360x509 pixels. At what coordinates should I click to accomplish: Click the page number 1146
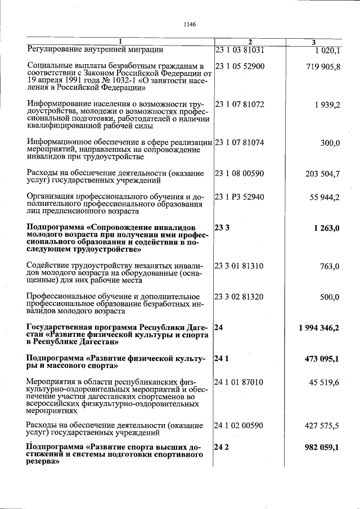[188, 24]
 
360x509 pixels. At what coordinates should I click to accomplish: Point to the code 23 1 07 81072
[240, 105]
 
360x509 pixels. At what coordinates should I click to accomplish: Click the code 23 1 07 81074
[240, 143]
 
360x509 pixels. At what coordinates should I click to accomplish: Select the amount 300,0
[330, 143]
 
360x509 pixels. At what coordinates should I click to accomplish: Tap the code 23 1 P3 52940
[240, 197]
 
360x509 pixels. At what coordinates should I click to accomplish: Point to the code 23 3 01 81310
[240, 266]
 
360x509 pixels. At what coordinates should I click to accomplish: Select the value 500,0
[330, 297]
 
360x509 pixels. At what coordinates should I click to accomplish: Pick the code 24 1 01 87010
[240, 382]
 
